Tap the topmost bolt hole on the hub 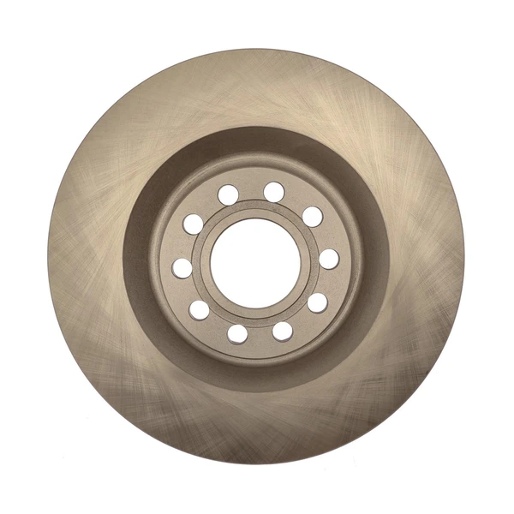point(274,191)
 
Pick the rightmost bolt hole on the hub point(328,259)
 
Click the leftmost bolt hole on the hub point(182,267)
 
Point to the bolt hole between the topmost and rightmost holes point(312,216)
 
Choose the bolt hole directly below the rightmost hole point(317,302)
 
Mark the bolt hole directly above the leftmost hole point(194,224)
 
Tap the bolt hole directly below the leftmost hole point(199,309)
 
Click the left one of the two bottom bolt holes point(238,332)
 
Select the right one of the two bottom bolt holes point(282,331)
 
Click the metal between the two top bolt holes point(251,190)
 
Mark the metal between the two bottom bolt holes point(260,334)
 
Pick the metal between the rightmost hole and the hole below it point(326,282)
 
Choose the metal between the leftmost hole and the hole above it point(185,246)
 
